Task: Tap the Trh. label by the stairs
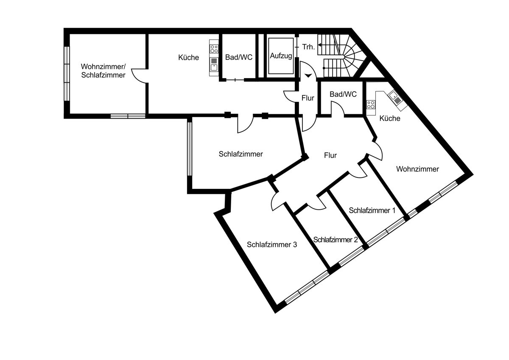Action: pos(308,47)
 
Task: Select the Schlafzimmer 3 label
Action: pos(271,245)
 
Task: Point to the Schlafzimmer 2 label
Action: pos(336,240)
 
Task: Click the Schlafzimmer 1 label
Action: pos(372,210)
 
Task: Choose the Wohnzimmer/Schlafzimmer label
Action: pos(103,71)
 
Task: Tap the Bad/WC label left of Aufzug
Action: pos(238,57)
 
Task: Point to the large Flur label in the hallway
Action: pos(330,155)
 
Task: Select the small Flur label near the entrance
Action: pos(308,98)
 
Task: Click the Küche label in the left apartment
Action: pos(189,57)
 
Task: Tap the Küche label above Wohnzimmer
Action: pos(390,118)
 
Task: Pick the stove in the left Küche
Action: pos(214,49)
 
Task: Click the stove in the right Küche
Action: pos(371,104)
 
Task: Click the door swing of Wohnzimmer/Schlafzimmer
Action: pos(139,76)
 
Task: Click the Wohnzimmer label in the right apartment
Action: pos(417,169)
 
